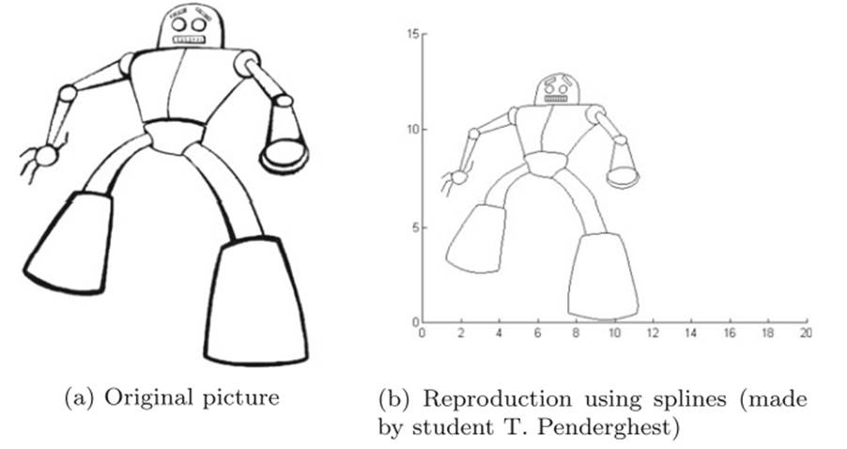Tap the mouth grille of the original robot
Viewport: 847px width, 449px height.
pyautogui.click(x=191, y=39)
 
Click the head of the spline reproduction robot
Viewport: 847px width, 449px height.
pyautogui.click(x=557, y=88)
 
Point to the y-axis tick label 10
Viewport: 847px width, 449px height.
pyautogui.click(x=410, y=130)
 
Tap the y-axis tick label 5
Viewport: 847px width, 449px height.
pyautogui.click(x=413, y=226)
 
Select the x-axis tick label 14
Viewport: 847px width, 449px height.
pyautogui.click(x=690, y=333)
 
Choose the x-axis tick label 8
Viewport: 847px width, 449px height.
pyautogui.click(x=576, y=333)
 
